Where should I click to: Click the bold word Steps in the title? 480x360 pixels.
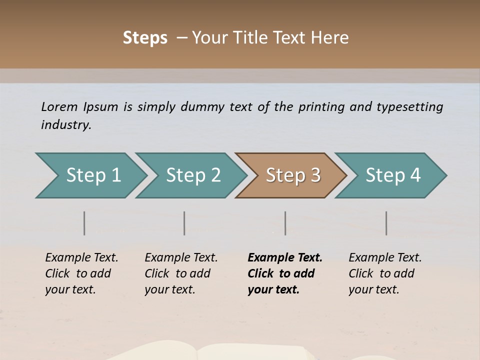(x=145, y=38)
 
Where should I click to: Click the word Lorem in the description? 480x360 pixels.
(x=59, y=106)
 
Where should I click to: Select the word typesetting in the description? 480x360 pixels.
(x=410, y=106)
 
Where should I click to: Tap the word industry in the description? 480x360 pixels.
(x=65, y=124)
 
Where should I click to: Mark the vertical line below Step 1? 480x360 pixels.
(x=84, y=223)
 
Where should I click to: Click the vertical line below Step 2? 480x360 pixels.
(x=184, y=223)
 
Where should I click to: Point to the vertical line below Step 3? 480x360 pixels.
(x=285, y=223)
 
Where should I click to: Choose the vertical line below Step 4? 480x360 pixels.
(x=386, y=223)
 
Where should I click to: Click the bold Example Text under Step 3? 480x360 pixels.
(x=285, y=258)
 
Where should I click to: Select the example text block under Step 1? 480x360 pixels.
(x=81, y=273)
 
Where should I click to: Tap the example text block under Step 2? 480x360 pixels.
(x=181, y=273)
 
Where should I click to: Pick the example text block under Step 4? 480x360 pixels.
(x=385, y=273)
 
